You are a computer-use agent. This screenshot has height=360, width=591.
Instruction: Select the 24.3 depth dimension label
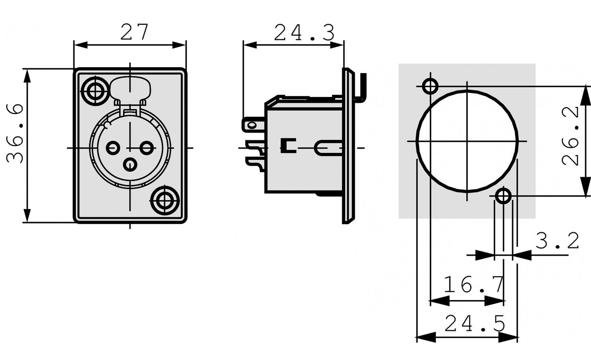[x=304, y=33]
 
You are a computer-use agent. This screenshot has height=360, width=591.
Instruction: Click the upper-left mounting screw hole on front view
[x=95, y=91]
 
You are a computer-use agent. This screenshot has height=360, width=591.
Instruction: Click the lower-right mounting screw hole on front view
[x=165, y=200]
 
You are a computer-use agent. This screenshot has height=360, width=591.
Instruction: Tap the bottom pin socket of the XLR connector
[x=129, y=165]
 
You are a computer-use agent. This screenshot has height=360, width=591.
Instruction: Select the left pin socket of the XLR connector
[x=113, y=147]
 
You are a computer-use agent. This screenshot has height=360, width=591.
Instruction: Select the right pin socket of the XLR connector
[x=148, y=147]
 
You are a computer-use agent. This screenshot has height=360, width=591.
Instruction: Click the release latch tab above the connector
[x=130, y=89]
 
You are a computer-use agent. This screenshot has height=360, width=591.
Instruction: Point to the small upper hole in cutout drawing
[x=430, y=86]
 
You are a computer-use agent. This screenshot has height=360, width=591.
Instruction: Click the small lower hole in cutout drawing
[x=503, y=196]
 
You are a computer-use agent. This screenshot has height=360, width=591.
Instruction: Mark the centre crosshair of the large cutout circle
[x=467, y=141]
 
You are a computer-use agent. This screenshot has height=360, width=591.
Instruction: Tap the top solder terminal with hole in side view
[x=252, y=125]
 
